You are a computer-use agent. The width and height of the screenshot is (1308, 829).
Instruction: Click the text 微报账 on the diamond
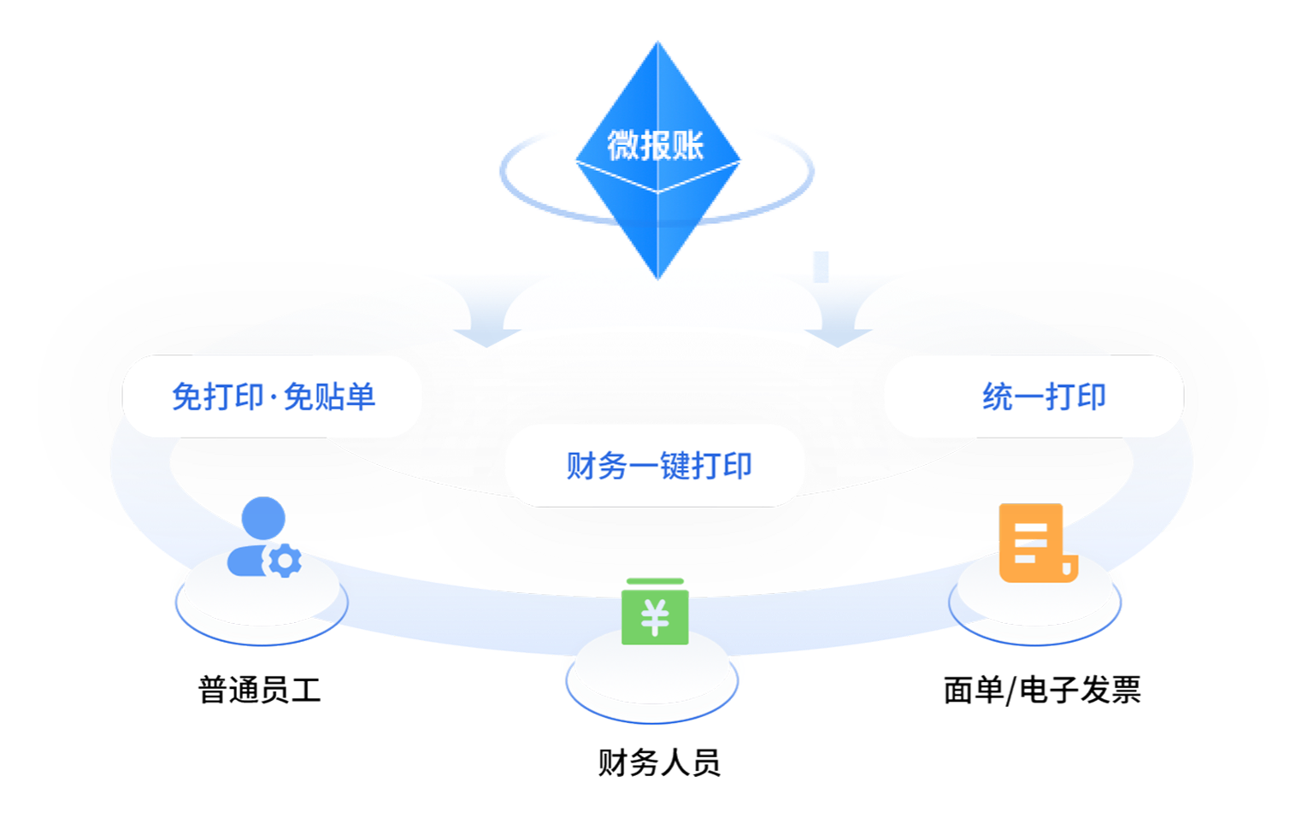pyautogui.click(x=656, y=145)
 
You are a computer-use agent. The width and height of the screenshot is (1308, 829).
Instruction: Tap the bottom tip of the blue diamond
pyautogui.click(x=658, y=274)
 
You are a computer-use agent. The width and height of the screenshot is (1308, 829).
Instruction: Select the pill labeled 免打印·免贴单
pyautogui.click(x=273, y=397)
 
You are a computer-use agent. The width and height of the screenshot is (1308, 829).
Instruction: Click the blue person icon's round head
pyautogui.click(x=263, y=518)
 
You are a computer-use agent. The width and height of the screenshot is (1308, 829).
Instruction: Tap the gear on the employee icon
pyautogui.click(x=284, y=561)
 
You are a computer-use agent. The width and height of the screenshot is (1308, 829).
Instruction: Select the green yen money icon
pyautogui.click(x=655, y=612)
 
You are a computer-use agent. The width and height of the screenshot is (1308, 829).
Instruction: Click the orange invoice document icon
pyautogui.click(x=1036, y=543)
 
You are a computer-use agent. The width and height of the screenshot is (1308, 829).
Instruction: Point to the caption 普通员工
pyautogui.click(x=259, y=689)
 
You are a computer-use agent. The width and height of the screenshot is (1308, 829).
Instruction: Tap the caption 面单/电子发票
pyautogui.click(x=1042, y=689)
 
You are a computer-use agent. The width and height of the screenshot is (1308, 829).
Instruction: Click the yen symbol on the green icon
pyautogui.click(x=655, y=618)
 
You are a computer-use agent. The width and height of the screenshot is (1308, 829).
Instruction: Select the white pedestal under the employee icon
pyautogui.click(x=261, y=598)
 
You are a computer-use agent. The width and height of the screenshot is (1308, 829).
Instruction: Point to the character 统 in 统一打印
pyautogui.click(x=997, y=397)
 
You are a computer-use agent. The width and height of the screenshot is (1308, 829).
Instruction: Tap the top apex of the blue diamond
pyautogui.click(x=657, y=43)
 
